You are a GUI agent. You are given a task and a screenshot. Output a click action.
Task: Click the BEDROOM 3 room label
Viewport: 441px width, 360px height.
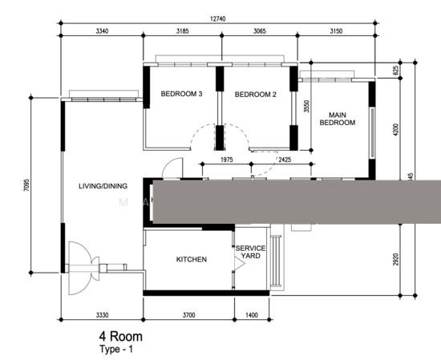[181, 95]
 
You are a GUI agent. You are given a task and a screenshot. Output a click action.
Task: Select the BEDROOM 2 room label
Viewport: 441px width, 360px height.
[255, 95]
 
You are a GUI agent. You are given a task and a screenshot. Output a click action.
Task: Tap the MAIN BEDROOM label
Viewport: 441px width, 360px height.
[337, 118]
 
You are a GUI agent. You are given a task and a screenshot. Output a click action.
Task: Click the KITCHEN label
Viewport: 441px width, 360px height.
[191, 260]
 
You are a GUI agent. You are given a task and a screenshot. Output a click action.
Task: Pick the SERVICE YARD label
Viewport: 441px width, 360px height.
[250, 253]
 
